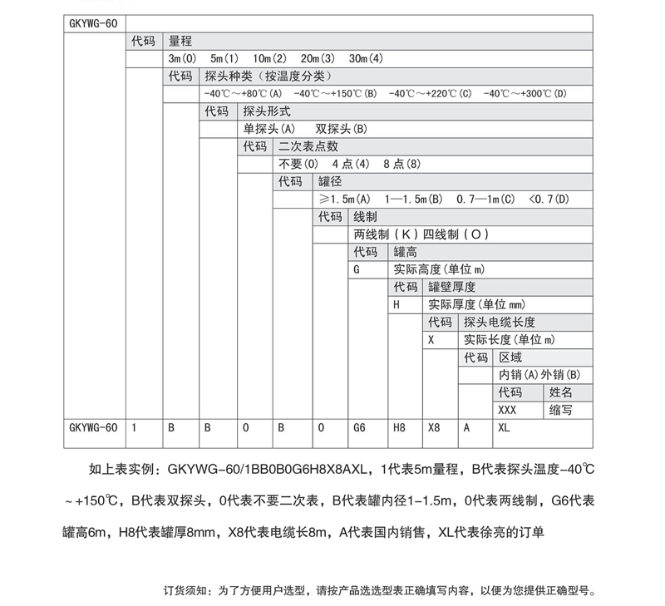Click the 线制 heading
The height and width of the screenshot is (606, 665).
[367, 217]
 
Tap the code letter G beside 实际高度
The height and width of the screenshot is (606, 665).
[357, 269]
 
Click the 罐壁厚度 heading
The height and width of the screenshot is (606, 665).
[451, 287]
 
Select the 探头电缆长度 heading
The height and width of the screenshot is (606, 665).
[499, 322]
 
